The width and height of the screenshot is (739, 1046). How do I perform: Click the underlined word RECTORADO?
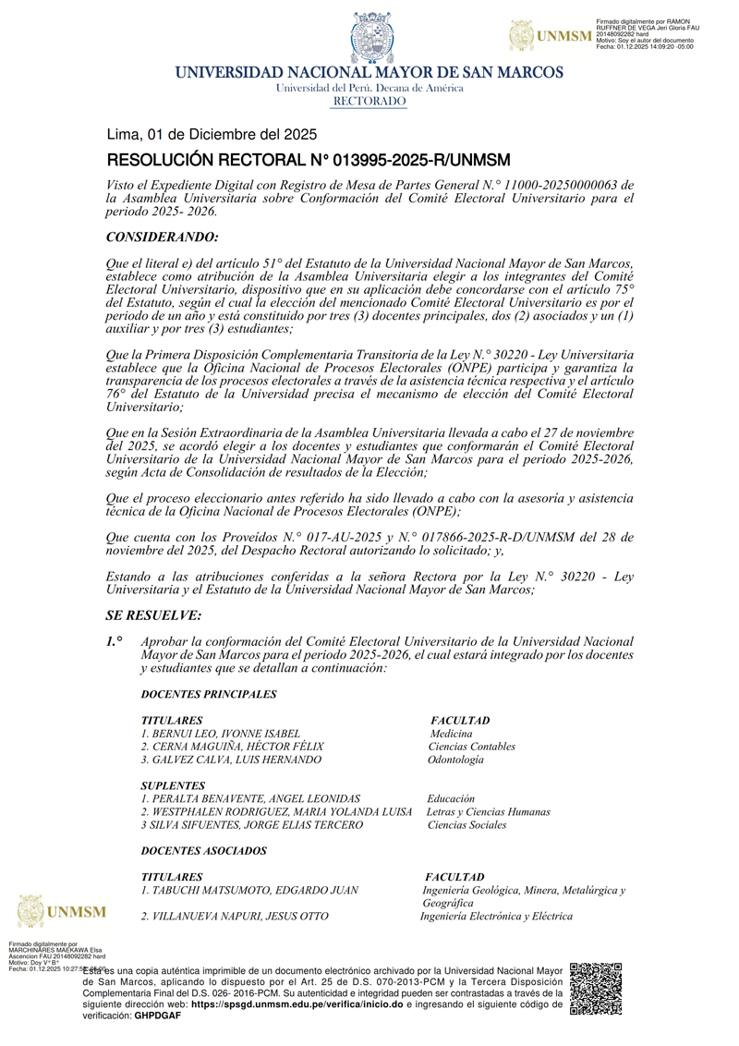point(369,101)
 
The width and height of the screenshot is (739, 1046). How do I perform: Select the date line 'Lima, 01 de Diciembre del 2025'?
point(212,134)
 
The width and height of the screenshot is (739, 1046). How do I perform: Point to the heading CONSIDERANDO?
point(163,237)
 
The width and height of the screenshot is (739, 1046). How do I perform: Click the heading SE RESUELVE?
point(153,615)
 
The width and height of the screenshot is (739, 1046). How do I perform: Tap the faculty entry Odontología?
point(455,760)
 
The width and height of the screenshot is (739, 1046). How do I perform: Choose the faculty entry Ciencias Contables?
point(472,747)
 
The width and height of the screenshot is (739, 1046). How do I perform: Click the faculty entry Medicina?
point(452,734)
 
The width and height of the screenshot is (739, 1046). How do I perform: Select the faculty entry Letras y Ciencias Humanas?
point(488,811)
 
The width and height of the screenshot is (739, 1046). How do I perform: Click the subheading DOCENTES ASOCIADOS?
point(203,850)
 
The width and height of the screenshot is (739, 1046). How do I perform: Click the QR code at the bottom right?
point(596,990)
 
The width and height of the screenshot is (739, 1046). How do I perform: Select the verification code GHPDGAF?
point(158,1016)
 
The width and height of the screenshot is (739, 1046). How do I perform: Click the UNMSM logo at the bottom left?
point(61,911)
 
